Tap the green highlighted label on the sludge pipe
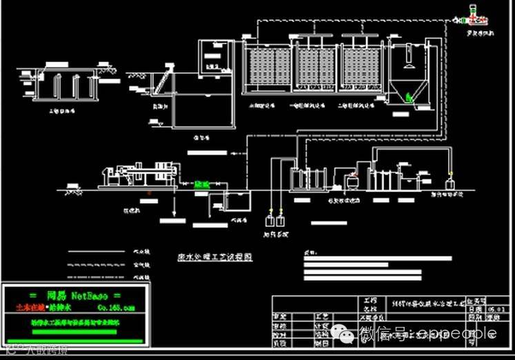coord(201,184)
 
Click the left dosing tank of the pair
coord(270,221)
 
